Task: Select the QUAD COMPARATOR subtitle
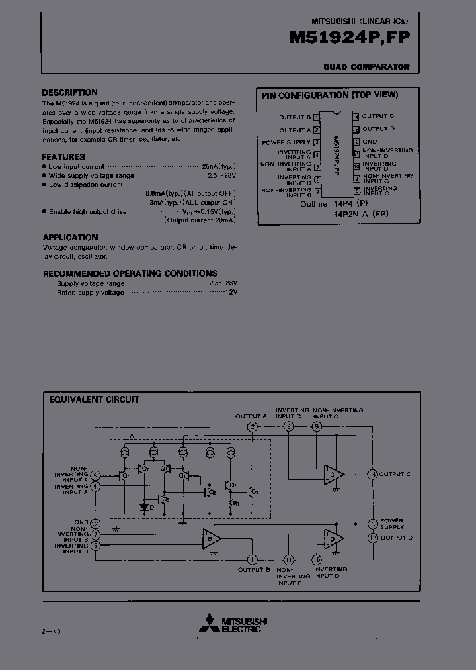tap(366, 67)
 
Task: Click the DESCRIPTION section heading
tap(69, 93)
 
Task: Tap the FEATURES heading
tap(63, 157)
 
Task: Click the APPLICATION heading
tap(70, 237)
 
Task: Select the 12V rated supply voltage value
tap(231, 292)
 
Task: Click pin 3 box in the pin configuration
tap(317, 142)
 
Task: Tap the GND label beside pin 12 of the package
tap(370, 142)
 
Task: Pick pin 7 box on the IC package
tap(317, 192)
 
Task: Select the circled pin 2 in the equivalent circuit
tap(252, 427)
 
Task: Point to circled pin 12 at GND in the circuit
tap(97, 523)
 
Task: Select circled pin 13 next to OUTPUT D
tap(374, 538)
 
